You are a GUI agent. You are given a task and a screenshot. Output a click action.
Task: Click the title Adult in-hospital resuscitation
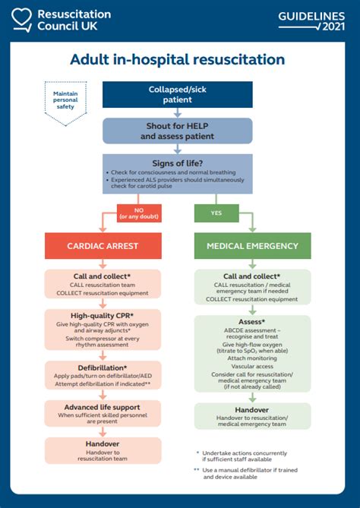178,59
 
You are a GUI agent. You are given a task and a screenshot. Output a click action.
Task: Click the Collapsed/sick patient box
178,94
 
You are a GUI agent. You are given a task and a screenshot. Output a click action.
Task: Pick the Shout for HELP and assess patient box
178,131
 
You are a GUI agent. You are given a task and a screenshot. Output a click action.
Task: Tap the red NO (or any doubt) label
138,213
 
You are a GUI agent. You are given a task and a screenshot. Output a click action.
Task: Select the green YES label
216,213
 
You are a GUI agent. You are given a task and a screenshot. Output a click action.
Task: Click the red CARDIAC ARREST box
103,245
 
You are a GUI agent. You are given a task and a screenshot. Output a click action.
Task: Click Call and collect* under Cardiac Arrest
103,276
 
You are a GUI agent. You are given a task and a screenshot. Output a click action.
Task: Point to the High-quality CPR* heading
103,314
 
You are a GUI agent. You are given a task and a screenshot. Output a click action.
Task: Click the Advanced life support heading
103,407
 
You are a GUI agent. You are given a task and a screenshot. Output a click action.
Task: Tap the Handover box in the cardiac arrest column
103,450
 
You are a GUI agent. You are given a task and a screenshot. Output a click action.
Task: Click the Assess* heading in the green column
252,322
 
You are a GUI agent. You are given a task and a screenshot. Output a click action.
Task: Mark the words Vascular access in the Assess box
252,365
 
